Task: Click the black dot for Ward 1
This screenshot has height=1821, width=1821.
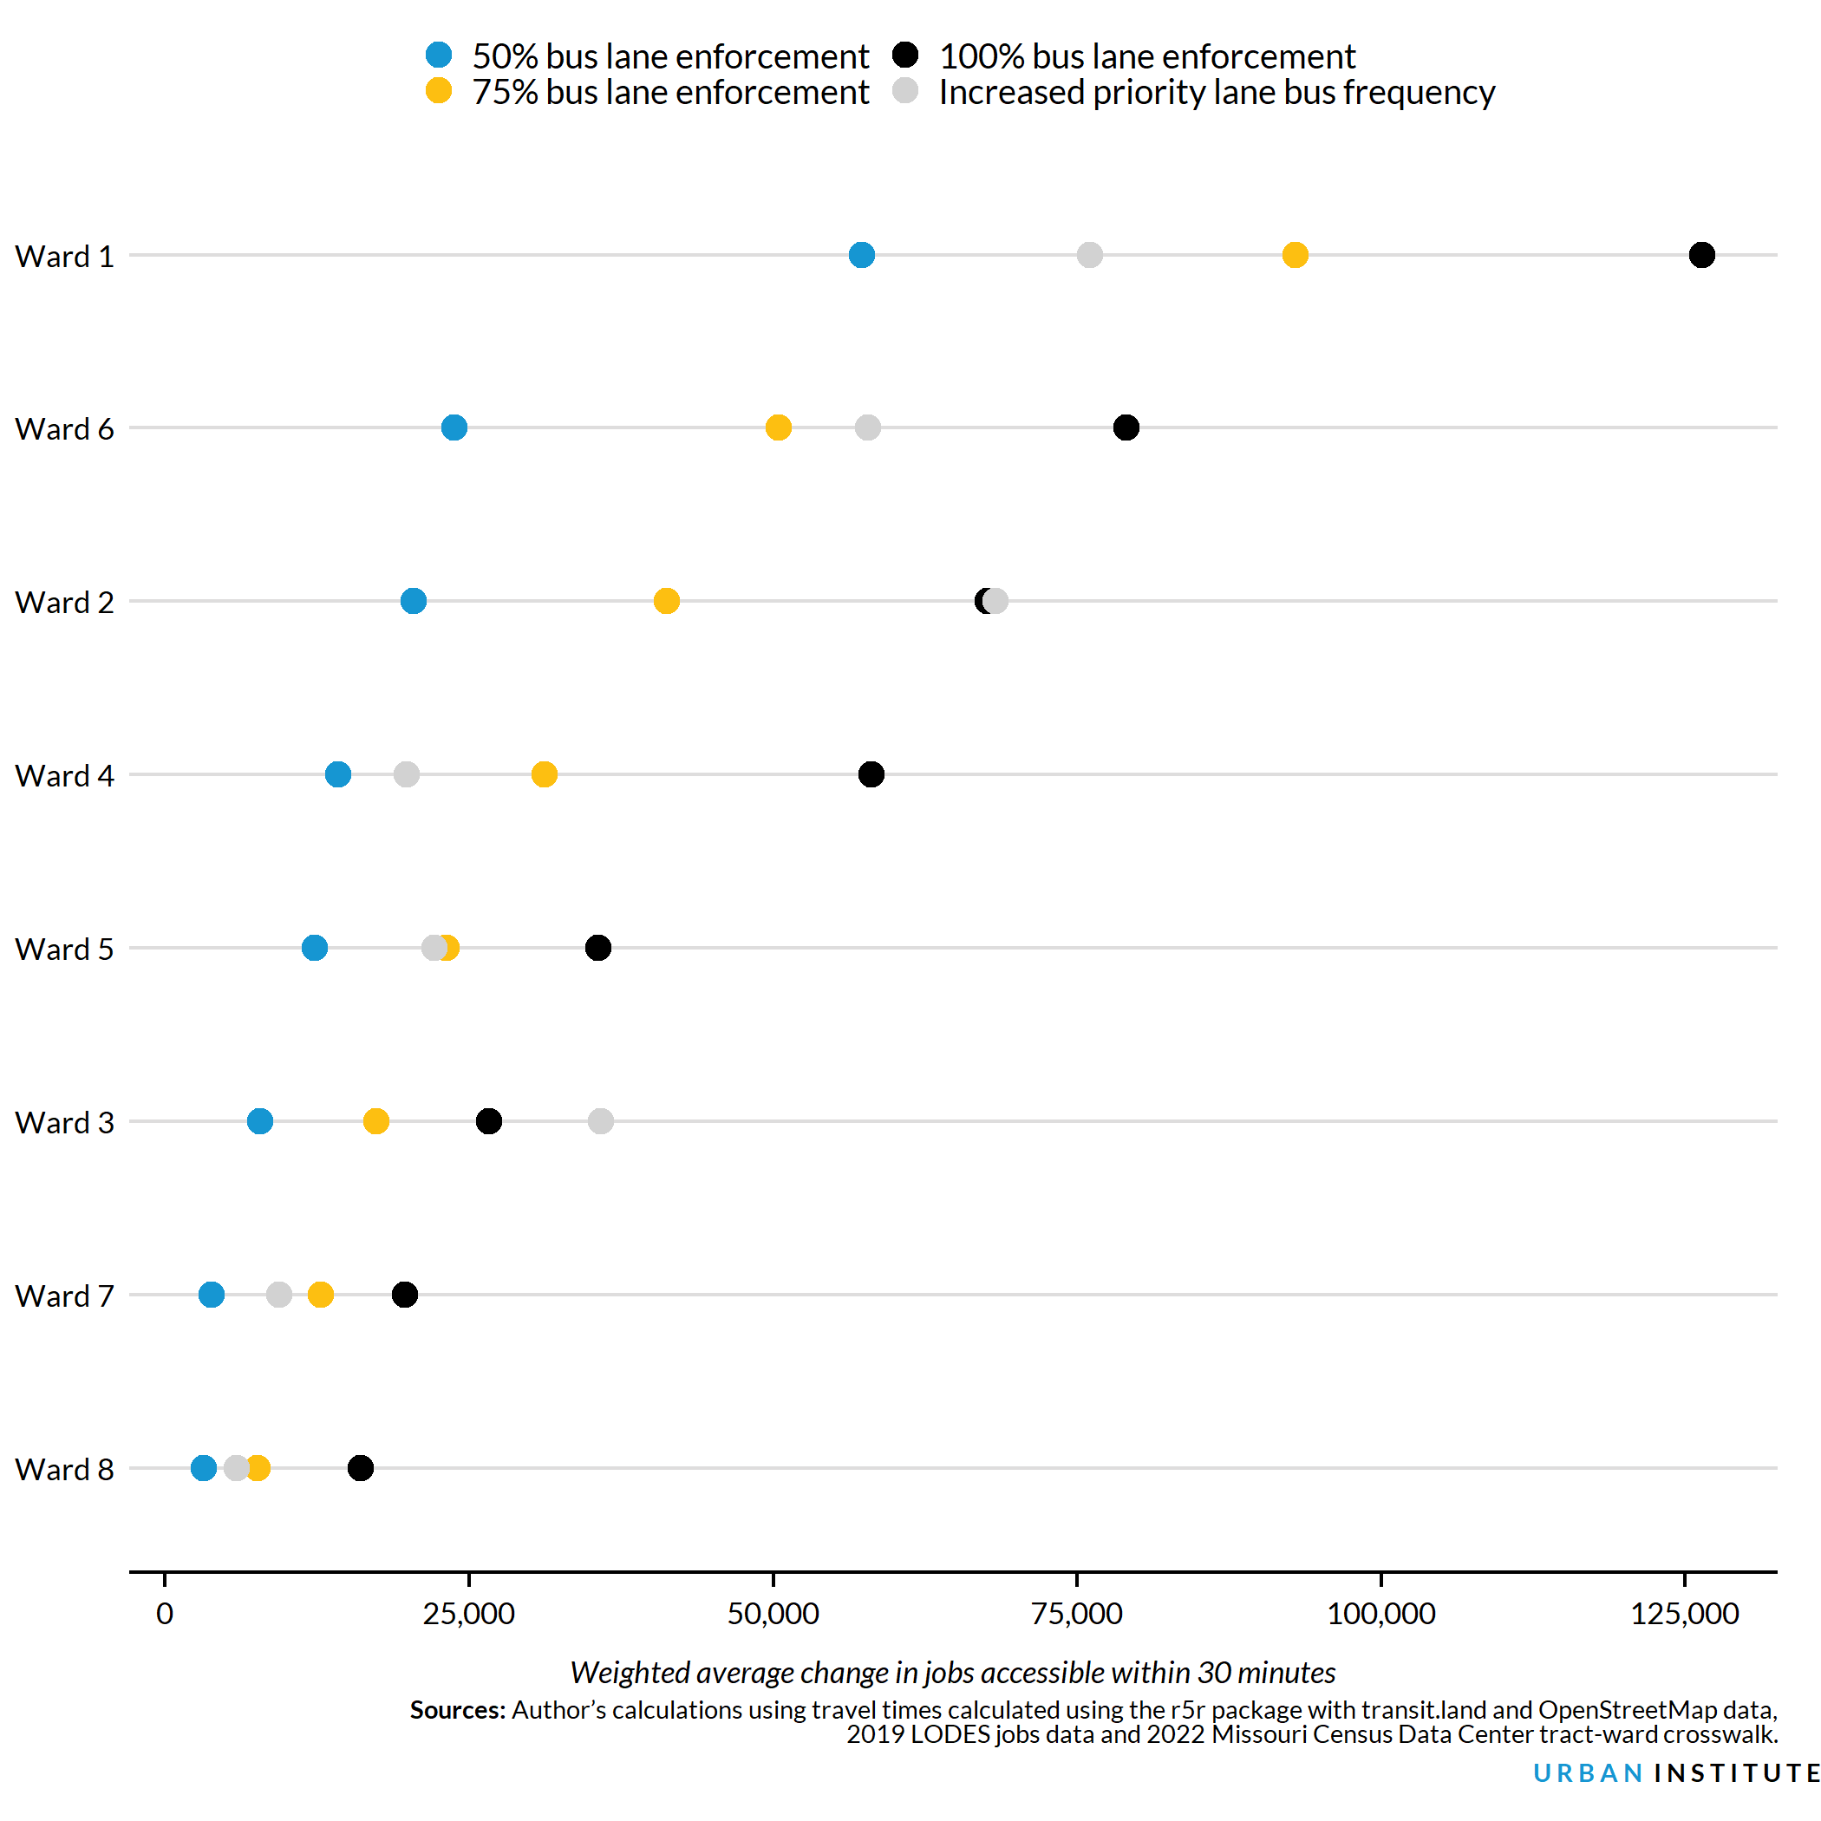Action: [1701, 254]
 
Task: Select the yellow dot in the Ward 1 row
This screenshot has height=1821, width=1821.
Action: [1295, 254]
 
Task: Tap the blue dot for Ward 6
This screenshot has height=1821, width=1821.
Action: [454, 428]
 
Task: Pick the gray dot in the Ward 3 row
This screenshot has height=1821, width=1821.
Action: [600, 1121]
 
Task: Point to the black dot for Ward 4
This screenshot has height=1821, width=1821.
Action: [871, 774]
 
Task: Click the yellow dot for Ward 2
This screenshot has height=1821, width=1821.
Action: [666, 601]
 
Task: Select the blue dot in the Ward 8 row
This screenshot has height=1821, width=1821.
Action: [204, 1468]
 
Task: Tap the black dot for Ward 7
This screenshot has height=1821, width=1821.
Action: [404, 1295]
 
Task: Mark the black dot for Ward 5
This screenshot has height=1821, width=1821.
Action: [597, 948]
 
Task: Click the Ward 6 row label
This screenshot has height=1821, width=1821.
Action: [64, 429]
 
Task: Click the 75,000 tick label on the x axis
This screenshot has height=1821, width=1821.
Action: [1076, 1614]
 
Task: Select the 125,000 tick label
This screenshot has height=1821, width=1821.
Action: [1684, 1614]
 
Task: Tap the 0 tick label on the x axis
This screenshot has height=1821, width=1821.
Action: [165, 1614]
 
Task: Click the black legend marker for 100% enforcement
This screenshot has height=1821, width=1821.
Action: [906, 55]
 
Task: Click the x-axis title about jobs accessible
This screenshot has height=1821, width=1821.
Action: [952, 1673]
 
